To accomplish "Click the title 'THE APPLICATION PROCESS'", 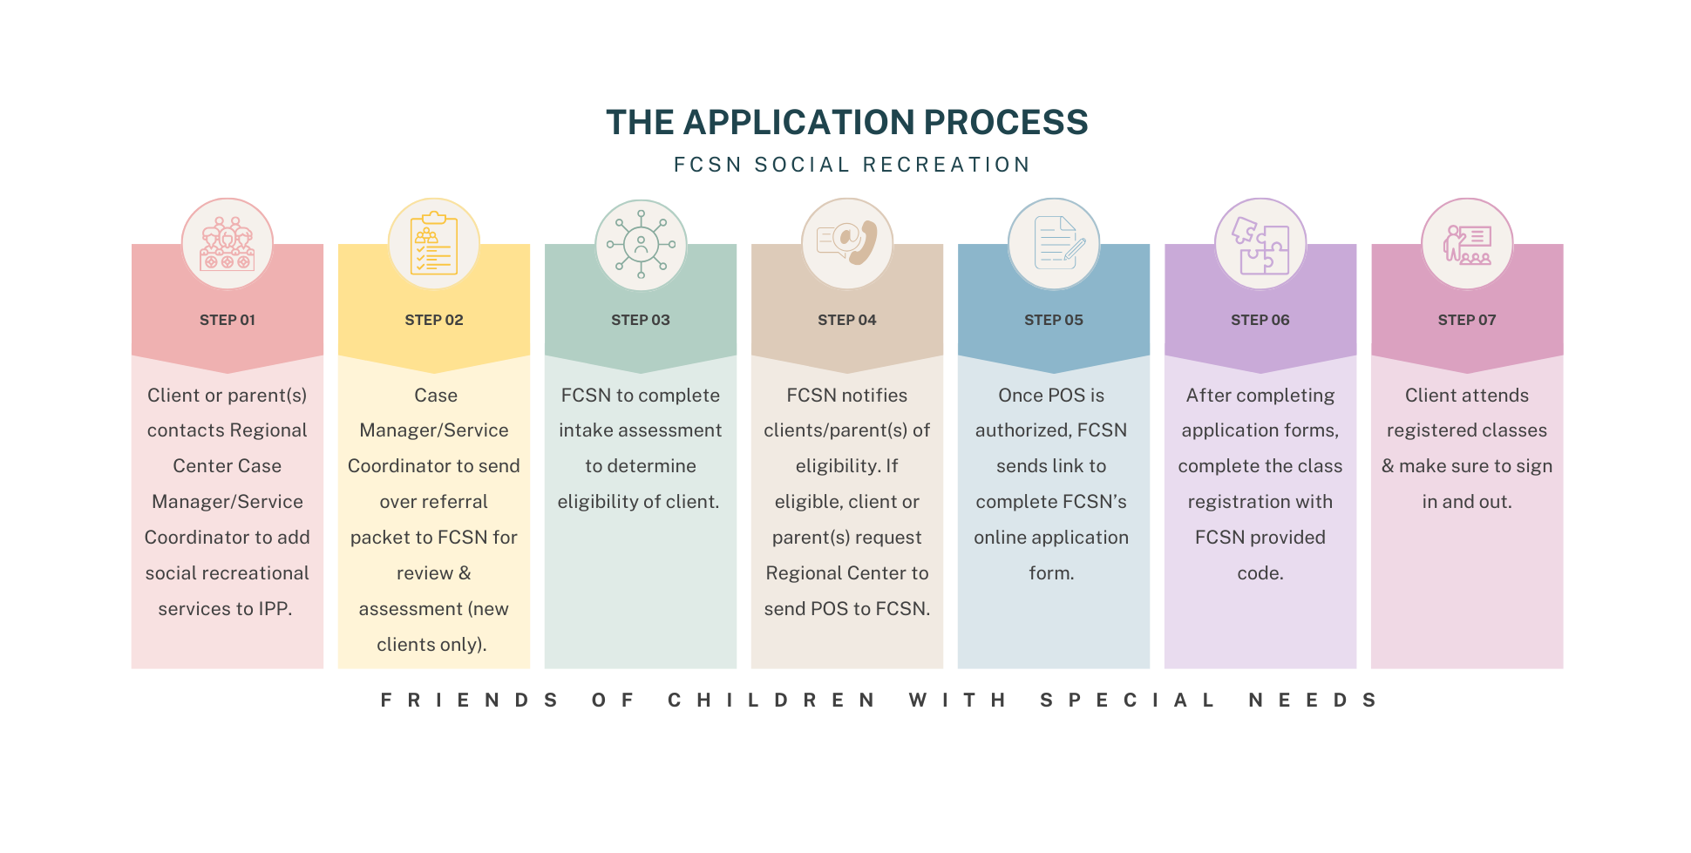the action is [846, 123].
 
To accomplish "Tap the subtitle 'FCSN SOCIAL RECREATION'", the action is [852, 165].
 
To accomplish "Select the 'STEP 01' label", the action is [228, 320].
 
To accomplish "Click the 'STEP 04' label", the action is [847, 320].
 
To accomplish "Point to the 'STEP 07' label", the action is [1467, 320].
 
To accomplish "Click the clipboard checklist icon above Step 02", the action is [434, 244].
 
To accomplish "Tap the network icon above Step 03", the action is [641, 244].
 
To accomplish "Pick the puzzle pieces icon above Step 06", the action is [1260, 245].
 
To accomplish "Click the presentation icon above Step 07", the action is [1467, 245].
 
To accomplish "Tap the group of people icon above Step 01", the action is [228, 244].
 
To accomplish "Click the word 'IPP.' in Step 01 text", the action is [275, 609].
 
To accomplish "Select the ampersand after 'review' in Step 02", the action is [465, 573].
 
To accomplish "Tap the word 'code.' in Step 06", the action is [1260, 573].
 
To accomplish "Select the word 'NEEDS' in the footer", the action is [1313, 700].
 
